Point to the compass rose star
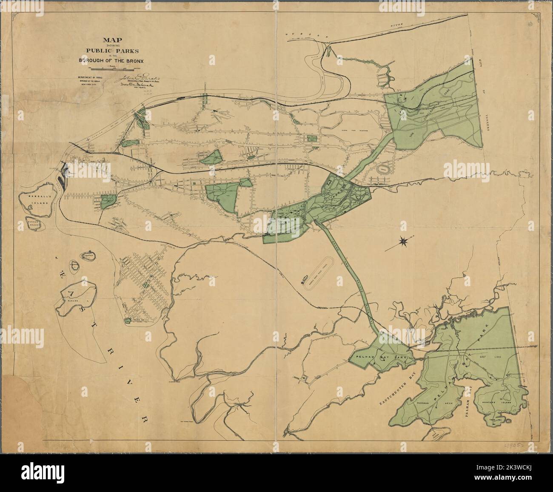coord(402,242)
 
